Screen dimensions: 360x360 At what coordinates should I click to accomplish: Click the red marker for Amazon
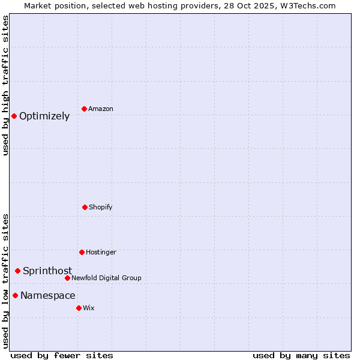pyautogui.click(x=84, y=109)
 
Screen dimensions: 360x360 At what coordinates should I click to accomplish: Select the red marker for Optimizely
pyautogui.click(x=14, y=116)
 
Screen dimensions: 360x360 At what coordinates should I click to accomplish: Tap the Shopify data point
pyautogui.click(x=85, y=207)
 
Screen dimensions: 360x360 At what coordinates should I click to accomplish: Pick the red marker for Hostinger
pyautogui.click(x=82, y=252)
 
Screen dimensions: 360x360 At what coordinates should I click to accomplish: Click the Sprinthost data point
pyautogui.click(x=17, y=271)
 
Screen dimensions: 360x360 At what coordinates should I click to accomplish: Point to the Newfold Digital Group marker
pyautogui.click(x=67, y=278)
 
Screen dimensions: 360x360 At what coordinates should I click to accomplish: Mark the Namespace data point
pyautogui.click(x=15, y=295)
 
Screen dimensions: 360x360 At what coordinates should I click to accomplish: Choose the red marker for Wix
pyautogui.click(x=79, y=308)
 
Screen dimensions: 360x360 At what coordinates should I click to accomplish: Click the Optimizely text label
pyautogui.click(x=44, y=116)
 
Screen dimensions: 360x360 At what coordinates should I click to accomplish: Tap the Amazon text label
pyautogui.click(x=101, y=109)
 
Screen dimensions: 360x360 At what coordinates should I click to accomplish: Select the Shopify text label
pyautogui.click(x=101, y=208)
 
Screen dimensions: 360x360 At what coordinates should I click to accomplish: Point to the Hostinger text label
pyautogui.click(x=101, y=253)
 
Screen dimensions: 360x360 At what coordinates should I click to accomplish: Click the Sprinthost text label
pyautogui.click(x=47, y=271)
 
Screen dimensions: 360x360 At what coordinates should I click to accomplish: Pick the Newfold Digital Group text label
pyautogui.click(x=107, y=278)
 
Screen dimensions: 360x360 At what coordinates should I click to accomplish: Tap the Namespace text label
pyautogui.click(x=48, y=296)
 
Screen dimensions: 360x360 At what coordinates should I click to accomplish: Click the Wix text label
pyautogui.click(x=89, y=308)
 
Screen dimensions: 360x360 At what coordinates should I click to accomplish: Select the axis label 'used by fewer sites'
pyautogui.click(x=62, y=355)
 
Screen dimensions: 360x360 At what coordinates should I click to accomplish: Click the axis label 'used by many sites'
pyautogui.click(x=301, y=355)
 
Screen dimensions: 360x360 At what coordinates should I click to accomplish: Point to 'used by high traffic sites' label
pyautogui.click(x=6, y=85)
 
